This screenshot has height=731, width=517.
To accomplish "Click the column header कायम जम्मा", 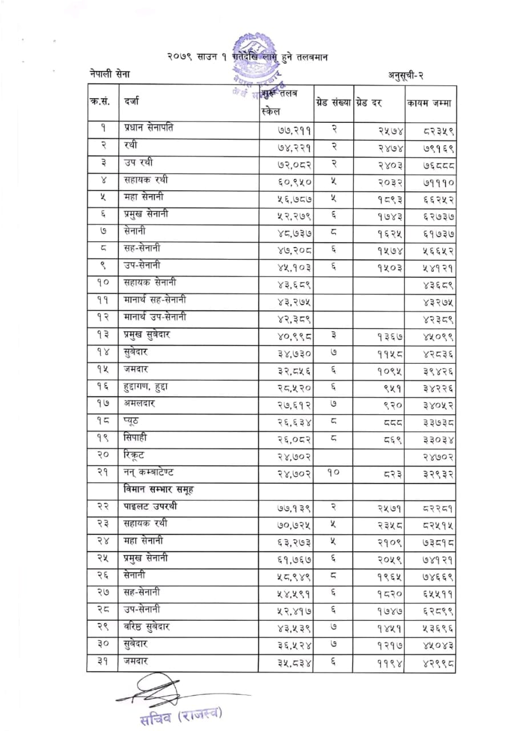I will pyautogui.click(x=429, y=103).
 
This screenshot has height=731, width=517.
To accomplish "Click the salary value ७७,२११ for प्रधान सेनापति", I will pyautogui.click(x=292, y=130).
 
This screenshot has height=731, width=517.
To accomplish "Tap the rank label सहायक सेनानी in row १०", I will pyautogui.click(x=150, y=282).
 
